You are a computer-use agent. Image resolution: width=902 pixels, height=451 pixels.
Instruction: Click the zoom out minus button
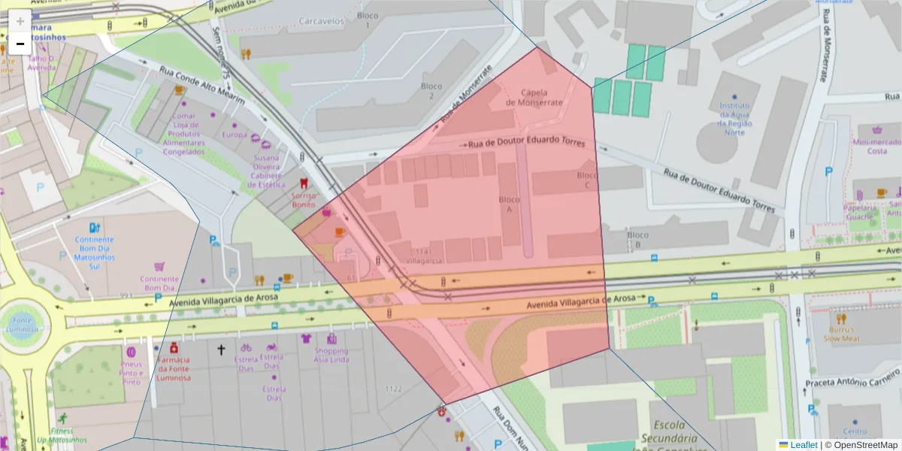click(20, 44)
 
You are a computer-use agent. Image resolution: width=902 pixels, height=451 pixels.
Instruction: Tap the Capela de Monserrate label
click(534, 97)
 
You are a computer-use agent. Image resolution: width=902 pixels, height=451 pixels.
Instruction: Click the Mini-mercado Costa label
click(867, 146)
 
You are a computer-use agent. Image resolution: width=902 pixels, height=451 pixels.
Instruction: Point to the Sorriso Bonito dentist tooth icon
click(304, 183)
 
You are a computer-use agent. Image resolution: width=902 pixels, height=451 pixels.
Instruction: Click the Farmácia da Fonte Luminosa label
click(174, 368)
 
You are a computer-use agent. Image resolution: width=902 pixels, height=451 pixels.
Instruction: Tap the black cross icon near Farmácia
click(221, 350)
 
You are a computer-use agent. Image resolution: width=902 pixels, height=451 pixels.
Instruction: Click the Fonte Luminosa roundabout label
click(21, 323)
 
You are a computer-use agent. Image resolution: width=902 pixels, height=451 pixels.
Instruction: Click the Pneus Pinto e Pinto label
click(131, 373)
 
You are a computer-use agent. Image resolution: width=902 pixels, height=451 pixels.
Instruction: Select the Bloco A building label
click(510, 204)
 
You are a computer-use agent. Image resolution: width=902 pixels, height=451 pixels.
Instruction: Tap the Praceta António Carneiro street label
click(852, 383)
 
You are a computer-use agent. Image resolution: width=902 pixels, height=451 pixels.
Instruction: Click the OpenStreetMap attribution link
click(861, 445)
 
